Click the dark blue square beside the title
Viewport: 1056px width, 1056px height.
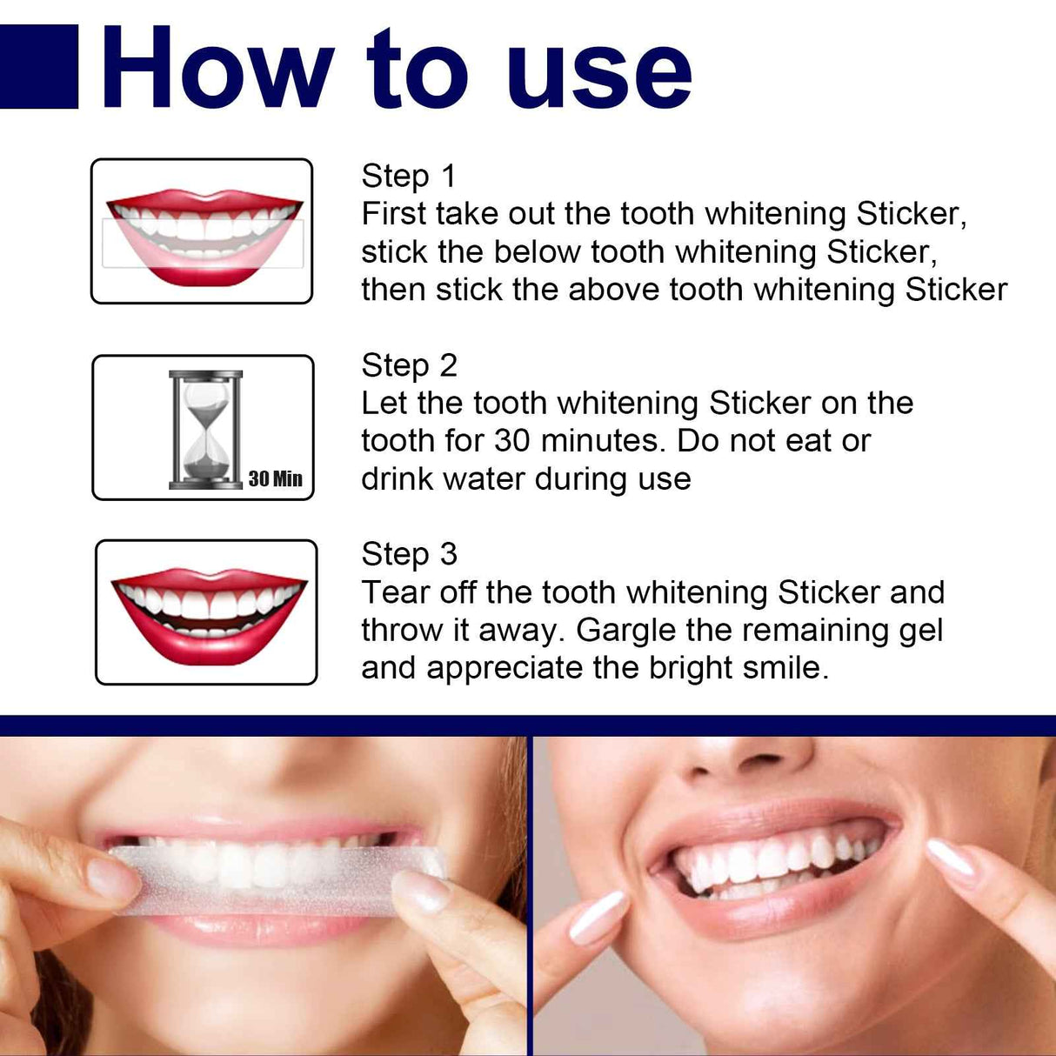(39, 66)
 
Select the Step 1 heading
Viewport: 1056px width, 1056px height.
(408, 176)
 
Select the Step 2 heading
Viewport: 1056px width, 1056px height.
(409, 365)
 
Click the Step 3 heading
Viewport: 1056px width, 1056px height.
(409, 554)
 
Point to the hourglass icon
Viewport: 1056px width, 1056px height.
(206, 429)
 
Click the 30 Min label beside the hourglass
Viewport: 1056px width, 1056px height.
(275, 478)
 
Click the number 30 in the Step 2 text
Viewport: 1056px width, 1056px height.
(511, 441)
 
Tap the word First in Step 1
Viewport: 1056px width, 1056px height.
(393, 214)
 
